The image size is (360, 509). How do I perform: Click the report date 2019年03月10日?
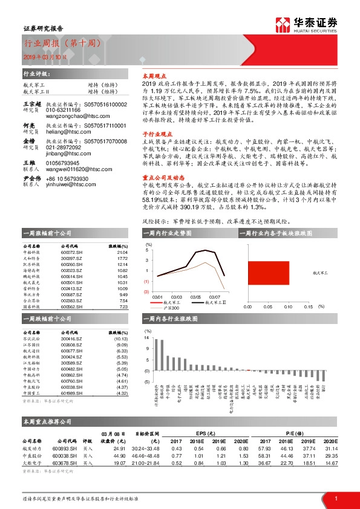[x=42, y=56]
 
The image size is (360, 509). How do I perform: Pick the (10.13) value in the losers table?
[x=120, y=340]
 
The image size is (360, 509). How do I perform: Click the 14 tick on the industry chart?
[x=147, y=340]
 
